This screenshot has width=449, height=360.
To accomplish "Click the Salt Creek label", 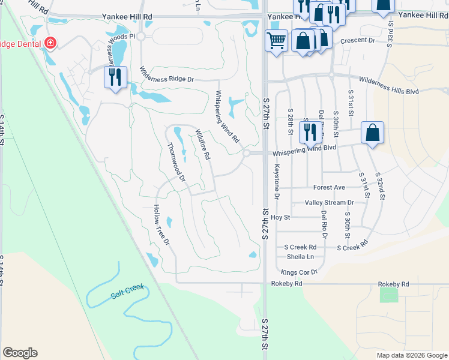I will click(127, 292).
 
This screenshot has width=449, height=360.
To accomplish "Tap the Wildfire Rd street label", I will click(202, 145).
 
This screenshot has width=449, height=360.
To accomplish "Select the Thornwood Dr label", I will click(176, 161).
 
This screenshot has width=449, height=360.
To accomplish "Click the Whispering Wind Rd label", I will click(228, 116).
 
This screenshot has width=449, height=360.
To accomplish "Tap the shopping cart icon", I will click(276, 41).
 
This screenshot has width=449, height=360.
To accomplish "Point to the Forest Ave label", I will click(329, 187).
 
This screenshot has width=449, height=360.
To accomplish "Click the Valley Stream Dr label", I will click(329, 203).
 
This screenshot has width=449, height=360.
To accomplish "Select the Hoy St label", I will click(280, 217).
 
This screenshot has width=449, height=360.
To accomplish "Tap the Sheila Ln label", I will click(300, 256).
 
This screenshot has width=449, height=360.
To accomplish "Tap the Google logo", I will click(20, 353).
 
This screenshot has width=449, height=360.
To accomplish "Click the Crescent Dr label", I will click(357, 41).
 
